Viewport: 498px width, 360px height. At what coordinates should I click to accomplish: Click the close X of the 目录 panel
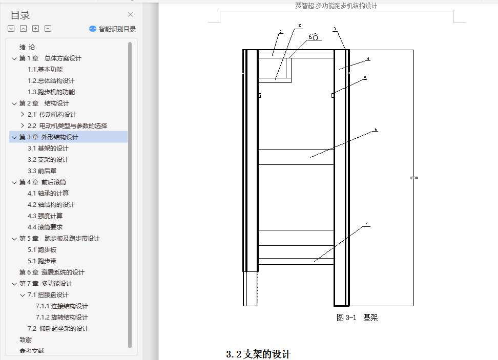(x=130, y=15)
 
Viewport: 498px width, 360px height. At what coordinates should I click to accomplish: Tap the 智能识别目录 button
(x=113, y=29)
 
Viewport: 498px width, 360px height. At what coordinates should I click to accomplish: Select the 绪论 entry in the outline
(x=27, y=47)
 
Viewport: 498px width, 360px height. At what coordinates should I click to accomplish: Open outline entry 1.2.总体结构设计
(x=51, y=81)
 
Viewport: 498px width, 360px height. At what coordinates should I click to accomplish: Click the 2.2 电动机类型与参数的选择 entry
(x=67, y=126)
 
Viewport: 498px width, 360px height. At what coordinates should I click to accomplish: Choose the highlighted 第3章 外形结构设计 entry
(x=49, y=137)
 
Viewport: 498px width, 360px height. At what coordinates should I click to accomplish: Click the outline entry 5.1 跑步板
(x=42, y=250)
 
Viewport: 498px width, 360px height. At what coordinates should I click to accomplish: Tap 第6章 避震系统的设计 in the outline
(x=52, y=272)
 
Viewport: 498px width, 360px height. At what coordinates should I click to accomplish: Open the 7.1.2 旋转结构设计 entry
(x=61, y=317)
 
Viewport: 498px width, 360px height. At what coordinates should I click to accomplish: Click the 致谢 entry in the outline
(x=26, y=340)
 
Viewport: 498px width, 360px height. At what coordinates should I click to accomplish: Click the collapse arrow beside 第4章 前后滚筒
(x=14, y=182)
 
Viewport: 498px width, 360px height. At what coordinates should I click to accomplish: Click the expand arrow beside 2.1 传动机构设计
(x=22, y=115)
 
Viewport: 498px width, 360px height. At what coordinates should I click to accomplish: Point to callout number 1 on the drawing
(x=281, y=32)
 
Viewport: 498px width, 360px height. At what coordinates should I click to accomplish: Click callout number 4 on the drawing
(x=368, y=59)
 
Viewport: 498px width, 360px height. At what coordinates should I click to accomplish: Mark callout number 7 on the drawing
(x=367, y=223)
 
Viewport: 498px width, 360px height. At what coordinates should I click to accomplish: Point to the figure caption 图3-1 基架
(x=357, y=318)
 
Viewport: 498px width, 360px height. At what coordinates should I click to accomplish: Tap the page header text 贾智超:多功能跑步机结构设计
(x=336, y=6)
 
